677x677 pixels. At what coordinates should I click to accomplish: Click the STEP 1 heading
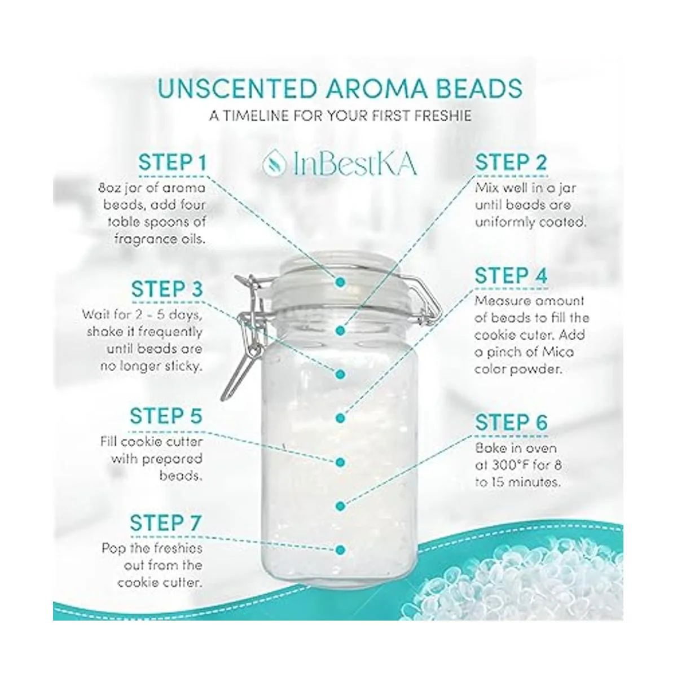173,162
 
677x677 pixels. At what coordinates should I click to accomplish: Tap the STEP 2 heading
511,162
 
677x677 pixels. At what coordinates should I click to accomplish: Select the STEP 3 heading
167,289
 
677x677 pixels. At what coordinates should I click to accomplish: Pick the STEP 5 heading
166,416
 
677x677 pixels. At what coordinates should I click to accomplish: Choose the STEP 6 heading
512,422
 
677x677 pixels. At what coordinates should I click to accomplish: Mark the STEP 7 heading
166,523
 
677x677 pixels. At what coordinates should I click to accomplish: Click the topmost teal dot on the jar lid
340,282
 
